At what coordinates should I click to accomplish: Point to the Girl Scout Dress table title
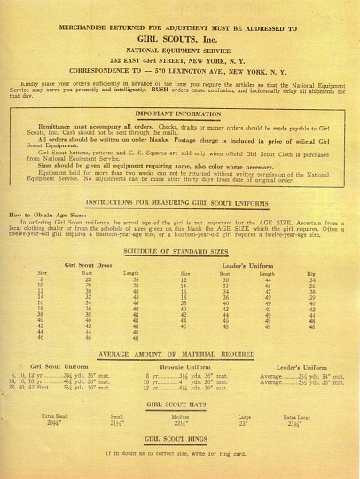coord(89,265)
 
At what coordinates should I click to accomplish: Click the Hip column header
coord(310,274)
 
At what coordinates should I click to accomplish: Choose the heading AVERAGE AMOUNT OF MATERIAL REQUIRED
coord(180,353)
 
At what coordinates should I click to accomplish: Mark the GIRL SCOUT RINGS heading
coord(180,439)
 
